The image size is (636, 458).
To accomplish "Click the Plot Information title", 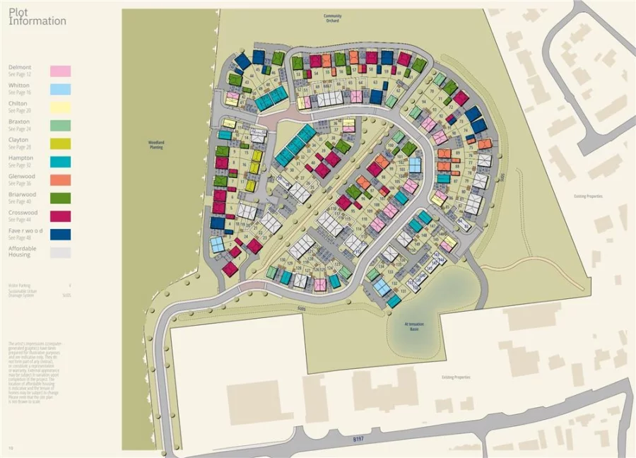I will tap(37, 17).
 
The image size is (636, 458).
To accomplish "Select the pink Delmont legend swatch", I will tap(60, 71).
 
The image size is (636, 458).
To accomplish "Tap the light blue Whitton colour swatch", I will tap(60, 90).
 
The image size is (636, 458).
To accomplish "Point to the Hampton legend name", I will tap(20, 158).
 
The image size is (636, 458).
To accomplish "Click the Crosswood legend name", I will tap(23, 213).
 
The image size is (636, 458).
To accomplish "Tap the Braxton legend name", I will tap(19, 122).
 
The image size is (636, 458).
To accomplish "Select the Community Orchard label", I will tap(332, 18).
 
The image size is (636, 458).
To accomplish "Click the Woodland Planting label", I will tap(156, 144).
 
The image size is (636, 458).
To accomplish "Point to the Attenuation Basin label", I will tap(414, 327).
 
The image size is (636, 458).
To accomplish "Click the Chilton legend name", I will tap(18, 103).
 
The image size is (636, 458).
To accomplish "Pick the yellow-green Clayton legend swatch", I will tap(60, 144).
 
